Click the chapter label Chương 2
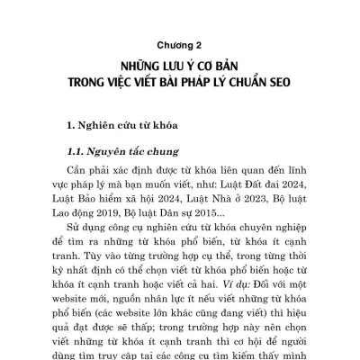(x=180, y=41)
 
